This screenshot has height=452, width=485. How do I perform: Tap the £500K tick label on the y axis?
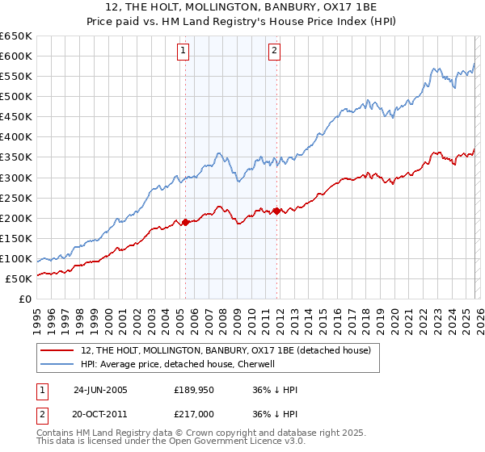(x=15, y=96)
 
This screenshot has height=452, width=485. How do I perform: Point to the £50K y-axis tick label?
(x=18, y=278)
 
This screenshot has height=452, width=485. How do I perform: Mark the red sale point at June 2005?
(x=185, y=221)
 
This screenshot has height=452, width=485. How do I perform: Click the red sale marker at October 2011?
(x=276, y=211)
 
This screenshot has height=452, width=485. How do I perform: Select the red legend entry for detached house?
(x=226, y=350)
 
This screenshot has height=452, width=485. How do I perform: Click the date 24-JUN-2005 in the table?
(x=100, y=389)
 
